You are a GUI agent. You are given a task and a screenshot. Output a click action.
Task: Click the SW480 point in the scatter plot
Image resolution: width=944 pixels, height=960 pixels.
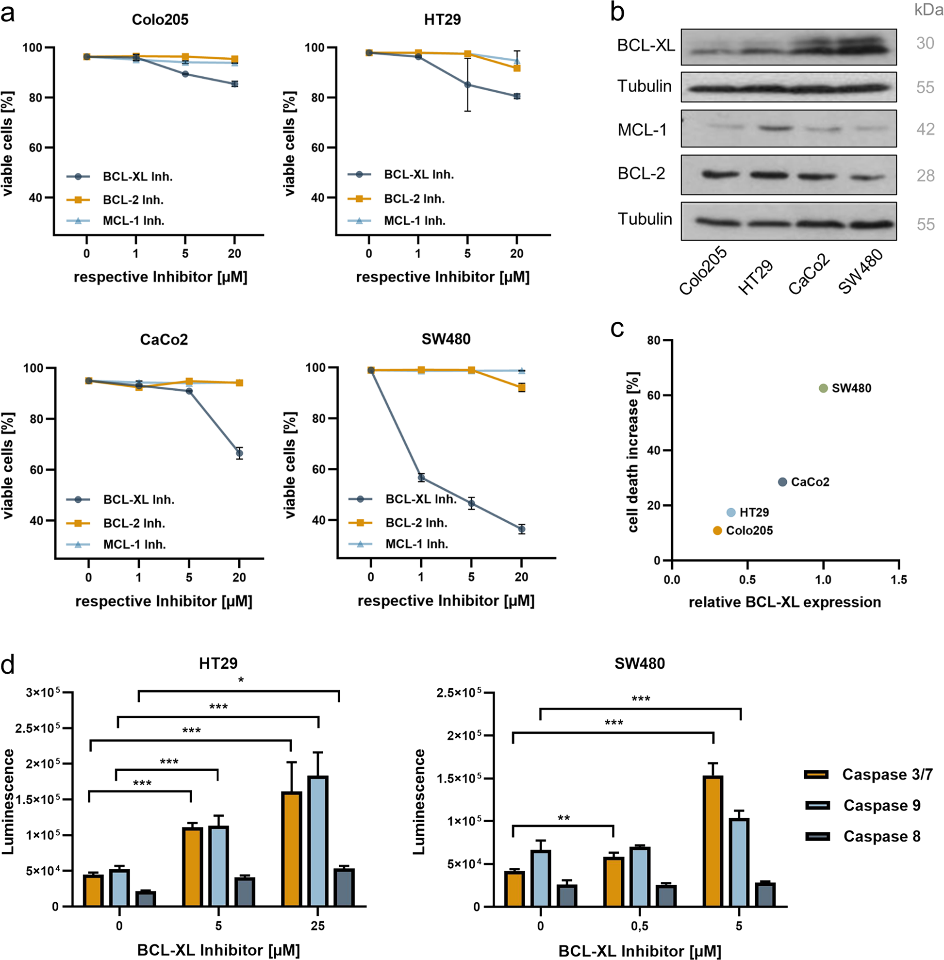click(x=823, y=388)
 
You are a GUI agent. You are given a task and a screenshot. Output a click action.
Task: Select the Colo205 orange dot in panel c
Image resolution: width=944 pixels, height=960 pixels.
click(x=717, y=530)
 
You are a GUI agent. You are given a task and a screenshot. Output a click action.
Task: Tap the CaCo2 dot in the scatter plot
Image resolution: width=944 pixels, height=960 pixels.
click(x=782, y=482)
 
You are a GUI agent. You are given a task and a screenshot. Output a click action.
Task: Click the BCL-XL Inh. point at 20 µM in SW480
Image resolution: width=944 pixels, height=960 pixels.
click(x=522, y=530)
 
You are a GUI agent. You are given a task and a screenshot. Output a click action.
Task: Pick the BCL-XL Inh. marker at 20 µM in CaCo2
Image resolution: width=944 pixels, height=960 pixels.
click(x=239, y=453)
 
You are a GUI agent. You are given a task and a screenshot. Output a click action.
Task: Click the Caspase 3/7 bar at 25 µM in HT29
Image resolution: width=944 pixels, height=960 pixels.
click(x=292, y=849)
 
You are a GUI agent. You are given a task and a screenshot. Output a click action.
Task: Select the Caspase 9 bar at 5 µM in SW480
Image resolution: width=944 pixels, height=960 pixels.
click(x=739, y=862)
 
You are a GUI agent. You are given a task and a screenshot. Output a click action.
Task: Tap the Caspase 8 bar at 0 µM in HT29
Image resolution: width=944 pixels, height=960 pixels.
click(x=146, y=898)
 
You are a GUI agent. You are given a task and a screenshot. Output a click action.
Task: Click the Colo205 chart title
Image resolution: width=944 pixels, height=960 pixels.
click(x=160, y=19)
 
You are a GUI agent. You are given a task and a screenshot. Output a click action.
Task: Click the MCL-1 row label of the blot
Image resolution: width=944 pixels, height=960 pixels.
click(x=642, y=130)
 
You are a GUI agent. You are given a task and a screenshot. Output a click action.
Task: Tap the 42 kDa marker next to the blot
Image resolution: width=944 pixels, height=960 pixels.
click(x=925, y=130)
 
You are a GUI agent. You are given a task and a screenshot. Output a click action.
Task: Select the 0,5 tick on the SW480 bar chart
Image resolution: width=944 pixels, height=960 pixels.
click(x=640, y=926)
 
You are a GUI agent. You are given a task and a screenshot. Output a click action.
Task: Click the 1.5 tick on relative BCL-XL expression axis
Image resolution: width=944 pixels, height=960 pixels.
click(x=898, y=579)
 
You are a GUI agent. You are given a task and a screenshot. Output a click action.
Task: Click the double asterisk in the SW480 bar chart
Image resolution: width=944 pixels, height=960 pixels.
click(x=563, y=818)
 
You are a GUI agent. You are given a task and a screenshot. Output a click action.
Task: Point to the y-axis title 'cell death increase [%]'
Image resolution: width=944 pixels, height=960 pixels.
click(x=633, y=451)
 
